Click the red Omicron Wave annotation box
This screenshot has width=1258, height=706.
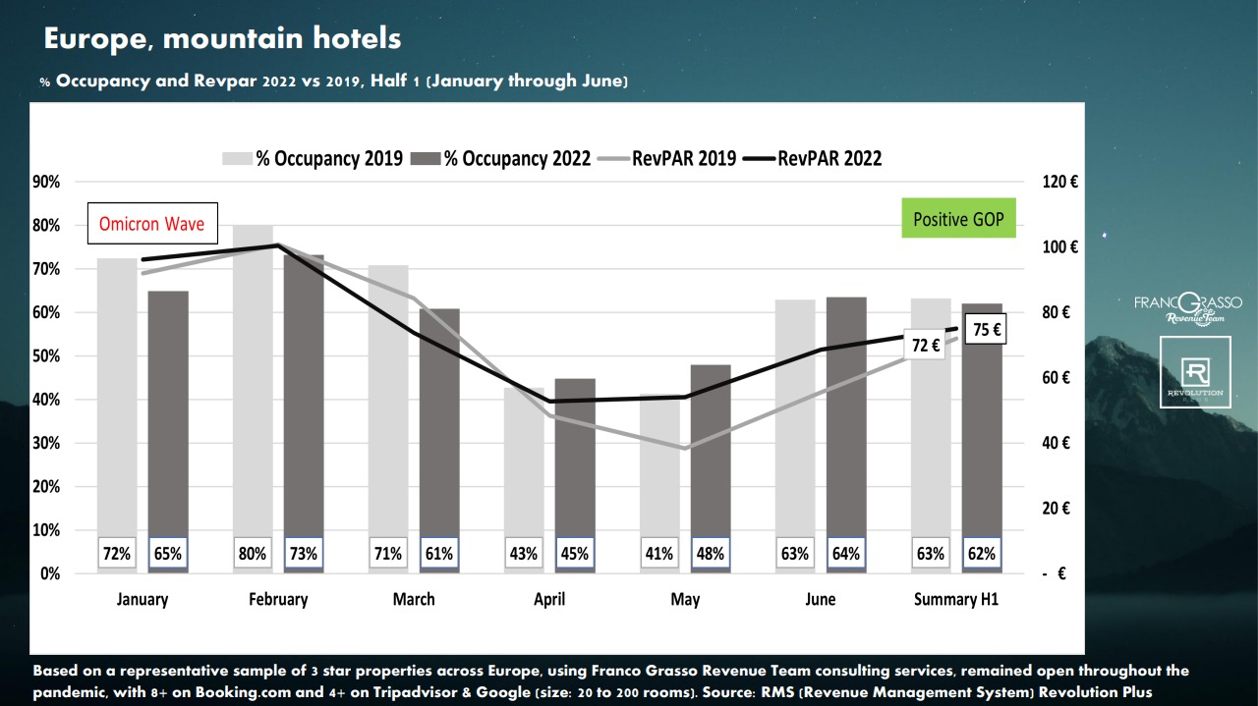(152, 224)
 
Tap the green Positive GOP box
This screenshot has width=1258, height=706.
(958, 218)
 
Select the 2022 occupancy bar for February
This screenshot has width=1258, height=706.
(304, 393)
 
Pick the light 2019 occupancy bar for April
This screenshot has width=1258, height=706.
(524, 462)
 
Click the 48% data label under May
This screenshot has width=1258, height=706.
(711, 553)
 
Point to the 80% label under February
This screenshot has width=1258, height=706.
(253, 553)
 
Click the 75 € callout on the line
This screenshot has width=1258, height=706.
(985, 330)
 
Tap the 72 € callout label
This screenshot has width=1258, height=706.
(924, 345)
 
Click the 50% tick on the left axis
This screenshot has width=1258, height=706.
(47, 355)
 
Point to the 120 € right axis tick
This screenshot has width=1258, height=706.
(1059, 182)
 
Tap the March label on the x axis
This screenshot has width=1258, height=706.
(414, 599)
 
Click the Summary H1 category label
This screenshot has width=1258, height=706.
(955, 599)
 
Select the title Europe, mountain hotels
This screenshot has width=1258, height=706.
(223, 38)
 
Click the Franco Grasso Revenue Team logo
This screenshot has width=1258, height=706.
(1187, 307)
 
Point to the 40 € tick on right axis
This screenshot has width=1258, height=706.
(1057, 443)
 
